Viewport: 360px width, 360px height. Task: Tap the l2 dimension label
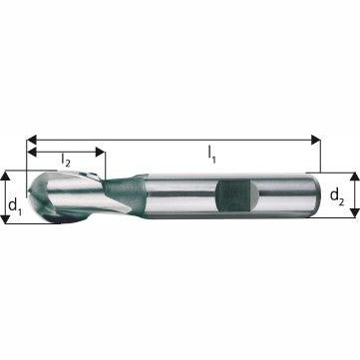point(65,160)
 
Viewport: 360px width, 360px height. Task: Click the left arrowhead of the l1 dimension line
point(32,138)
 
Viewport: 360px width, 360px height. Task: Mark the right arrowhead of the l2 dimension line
point(100,152)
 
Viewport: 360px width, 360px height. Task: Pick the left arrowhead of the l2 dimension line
point(32,152)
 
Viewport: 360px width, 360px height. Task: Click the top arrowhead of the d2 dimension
point(351,176)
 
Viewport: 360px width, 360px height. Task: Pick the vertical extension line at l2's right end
point(104,165)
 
